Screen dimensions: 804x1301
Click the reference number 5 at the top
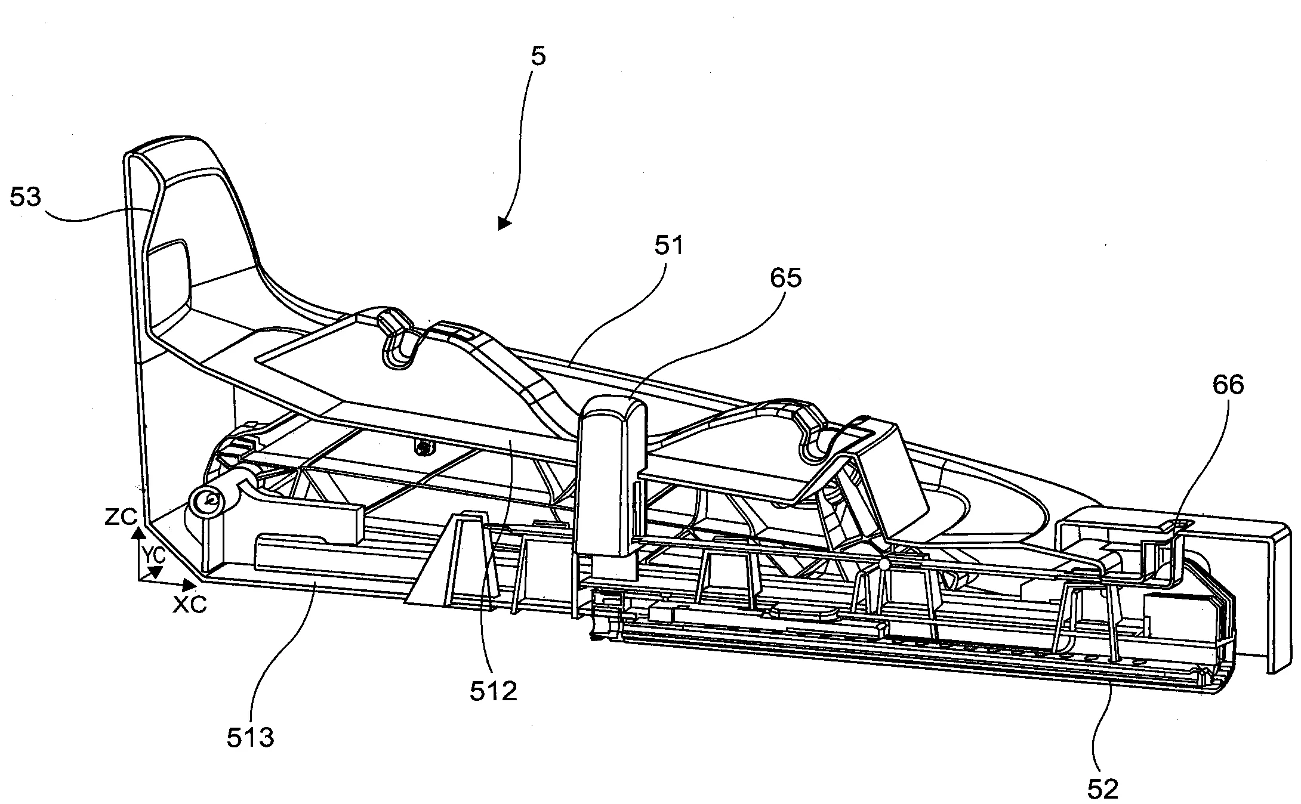point(538,57)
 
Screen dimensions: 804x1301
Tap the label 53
point(25,197)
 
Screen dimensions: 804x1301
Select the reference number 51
point(669,245)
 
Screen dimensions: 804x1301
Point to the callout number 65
point(786,278)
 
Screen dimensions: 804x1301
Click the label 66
point(1228,385)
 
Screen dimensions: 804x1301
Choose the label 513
point(250,738)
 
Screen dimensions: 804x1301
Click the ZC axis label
point(120,517)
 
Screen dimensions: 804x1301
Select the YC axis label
point(152,554)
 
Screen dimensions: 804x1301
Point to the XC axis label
point(190,604)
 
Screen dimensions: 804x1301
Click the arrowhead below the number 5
point(504,223)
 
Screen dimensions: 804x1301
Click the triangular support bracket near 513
point(453,561)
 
